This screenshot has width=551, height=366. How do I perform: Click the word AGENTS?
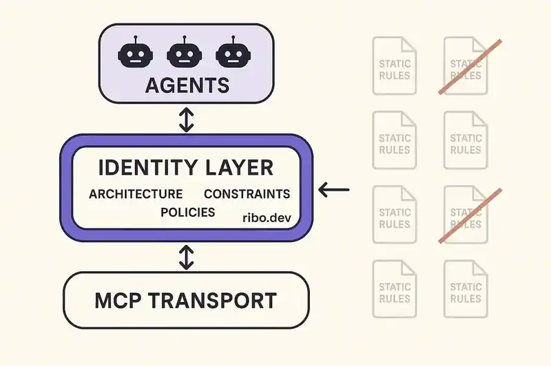(x=186, y=86)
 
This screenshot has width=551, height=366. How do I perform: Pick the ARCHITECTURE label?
(x=136, y=194)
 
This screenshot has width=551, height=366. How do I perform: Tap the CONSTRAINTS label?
(x=247, y=194)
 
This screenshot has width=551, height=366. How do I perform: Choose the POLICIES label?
(x=187, y=212)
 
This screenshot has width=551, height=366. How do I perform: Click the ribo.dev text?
(x=267, y=217)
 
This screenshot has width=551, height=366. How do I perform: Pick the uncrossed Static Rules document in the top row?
(x=395, y=65)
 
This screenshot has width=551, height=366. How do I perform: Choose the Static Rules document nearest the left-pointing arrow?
(x=395, y=214)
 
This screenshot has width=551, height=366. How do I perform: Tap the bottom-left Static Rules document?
(x=395, y=288)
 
